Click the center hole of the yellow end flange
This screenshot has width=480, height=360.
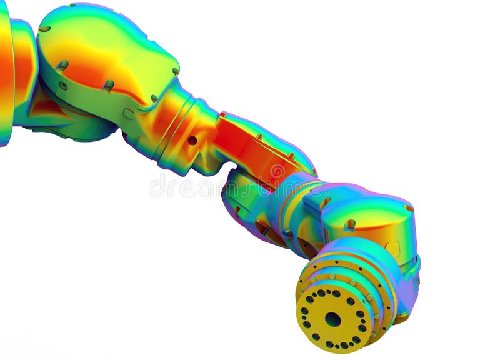pos(332,319)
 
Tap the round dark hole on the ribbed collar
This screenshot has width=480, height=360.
pos(192,141)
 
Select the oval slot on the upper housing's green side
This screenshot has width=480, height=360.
pos(129,113)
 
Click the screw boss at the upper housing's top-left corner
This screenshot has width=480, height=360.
pos(44,28)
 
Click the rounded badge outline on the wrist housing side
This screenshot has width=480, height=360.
pos(392,249)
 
